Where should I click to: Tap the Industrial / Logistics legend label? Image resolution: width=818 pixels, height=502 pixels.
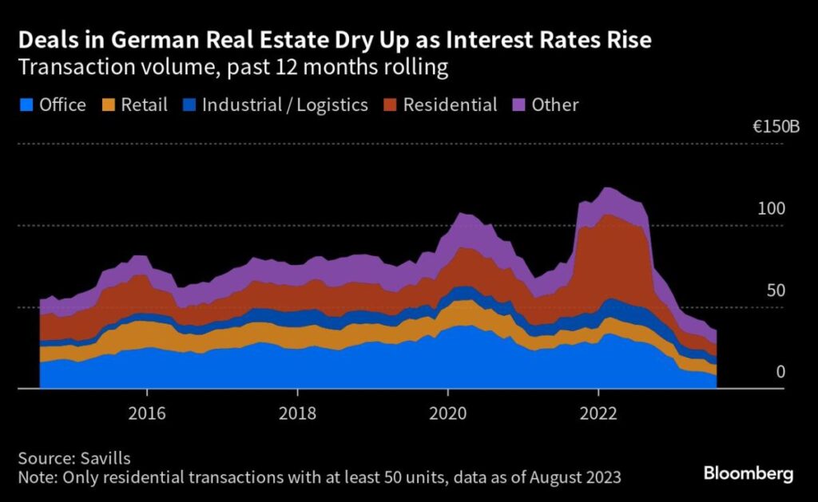[x=284, y=105]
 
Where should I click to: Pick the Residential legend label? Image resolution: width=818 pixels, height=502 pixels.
[x=450, y=105]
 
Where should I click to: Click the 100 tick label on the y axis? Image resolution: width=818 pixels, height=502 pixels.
[x=772, y=208]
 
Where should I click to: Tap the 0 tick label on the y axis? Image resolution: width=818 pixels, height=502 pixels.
[x=781, y=373]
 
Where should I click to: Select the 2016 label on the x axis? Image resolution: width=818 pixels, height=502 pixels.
[x=147, y=415]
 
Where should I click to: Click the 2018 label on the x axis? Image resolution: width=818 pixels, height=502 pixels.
[x=297, y=415]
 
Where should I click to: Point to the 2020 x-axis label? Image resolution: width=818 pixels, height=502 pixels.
[x=447, y=415]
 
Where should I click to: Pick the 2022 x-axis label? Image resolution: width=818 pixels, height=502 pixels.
[x=598, y=415]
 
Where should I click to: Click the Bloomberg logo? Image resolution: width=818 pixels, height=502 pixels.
[x=749, y=474]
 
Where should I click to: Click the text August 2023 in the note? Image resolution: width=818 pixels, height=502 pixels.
[x=569, y=477]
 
